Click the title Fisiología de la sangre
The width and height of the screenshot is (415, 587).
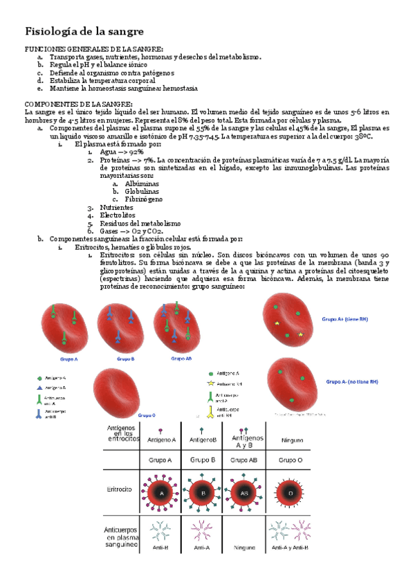point(84,31)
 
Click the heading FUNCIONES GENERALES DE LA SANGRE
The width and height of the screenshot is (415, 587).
point(94,50)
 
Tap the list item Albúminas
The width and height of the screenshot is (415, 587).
point(142,184)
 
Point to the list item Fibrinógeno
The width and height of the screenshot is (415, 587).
point(144,199)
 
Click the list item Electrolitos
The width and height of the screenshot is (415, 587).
point(118,215)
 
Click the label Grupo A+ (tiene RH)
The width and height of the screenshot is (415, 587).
point(345,320)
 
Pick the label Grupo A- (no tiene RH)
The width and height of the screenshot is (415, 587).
point(351,381)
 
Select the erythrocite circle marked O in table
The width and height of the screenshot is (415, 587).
point(290,494)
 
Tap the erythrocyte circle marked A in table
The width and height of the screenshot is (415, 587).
point(162,494)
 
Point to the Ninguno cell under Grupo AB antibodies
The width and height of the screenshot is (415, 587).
point(246,547)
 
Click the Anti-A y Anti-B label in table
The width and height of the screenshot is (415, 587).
point(290,547)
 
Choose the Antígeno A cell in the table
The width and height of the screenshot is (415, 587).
point(161,440)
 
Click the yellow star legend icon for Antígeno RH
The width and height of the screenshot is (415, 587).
point(210,383)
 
